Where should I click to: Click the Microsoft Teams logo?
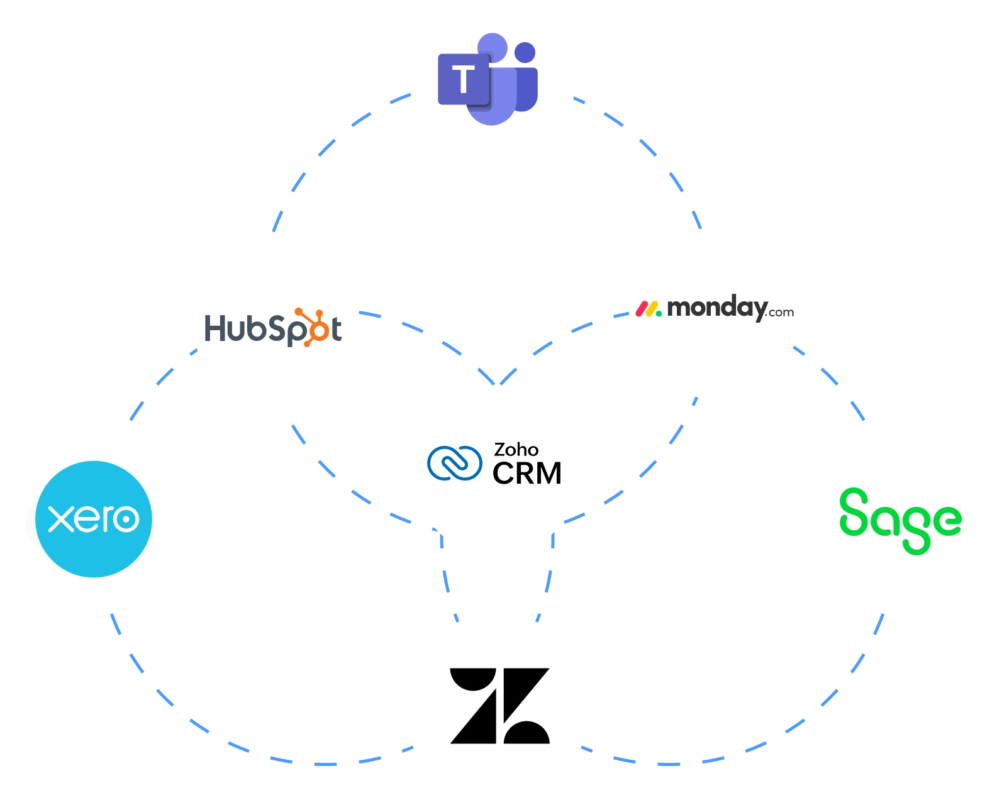point(488,80)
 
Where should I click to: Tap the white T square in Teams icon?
point(464,80)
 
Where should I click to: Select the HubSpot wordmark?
point(273,328)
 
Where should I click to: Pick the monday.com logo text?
point(715,309)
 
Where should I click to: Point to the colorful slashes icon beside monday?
point(648,309)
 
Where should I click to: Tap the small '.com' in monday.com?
point(781,313)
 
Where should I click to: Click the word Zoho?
point(516,450)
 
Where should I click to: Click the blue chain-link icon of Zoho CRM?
point(454,463)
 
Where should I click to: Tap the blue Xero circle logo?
point(94,519)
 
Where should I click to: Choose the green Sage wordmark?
point(900,519)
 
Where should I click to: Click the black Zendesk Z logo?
point(500,706)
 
